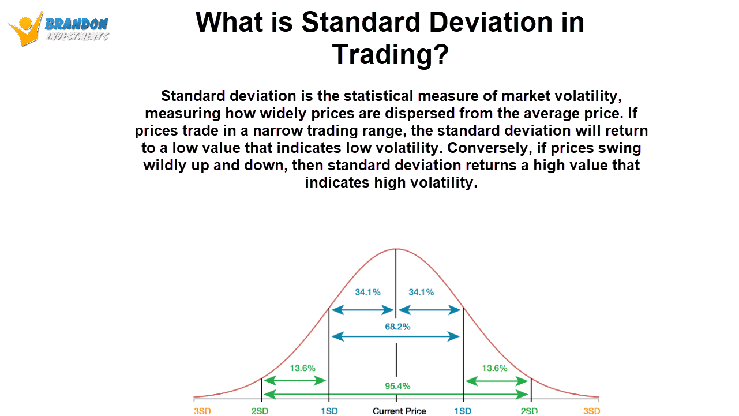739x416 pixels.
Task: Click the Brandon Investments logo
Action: tap(59, 29)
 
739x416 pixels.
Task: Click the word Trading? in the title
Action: tap(391, 54)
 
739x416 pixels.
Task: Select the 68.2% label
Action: tap(397, 327)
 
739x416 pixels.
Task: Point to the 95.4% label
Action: tap(397, 386)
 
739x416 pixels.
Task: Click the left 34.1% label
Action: tap(367, 292)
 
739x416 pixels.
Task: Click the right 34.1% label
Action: tap(421, 292)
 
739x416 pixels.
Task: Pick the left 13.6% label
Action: tap(302, 368)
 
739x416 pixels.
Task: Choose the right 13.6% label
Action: tap(494, 368)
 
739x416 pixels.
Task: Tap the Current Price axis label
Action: tap(399, 411)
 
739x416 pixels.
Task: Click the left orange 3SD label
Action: tap(202, 411)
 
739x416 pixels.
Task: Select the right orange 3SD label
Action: tap(591, 411)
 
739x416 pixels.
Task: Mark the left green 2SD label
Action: tap(260, 411)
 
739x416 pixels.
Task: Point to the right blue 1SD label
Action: tap(463, 411)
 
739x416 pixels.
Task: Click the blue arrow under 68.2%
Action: tap(396, 337)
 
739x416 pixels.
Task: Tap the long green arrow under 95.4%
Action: tap(396, 394)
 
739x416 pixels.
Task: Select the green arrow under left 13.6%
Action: tap(295, 381)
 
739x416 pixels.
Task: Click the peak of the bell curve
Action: tap(396, 249)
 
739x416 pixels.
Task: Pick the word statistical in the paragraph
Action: tap(378, 96)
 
